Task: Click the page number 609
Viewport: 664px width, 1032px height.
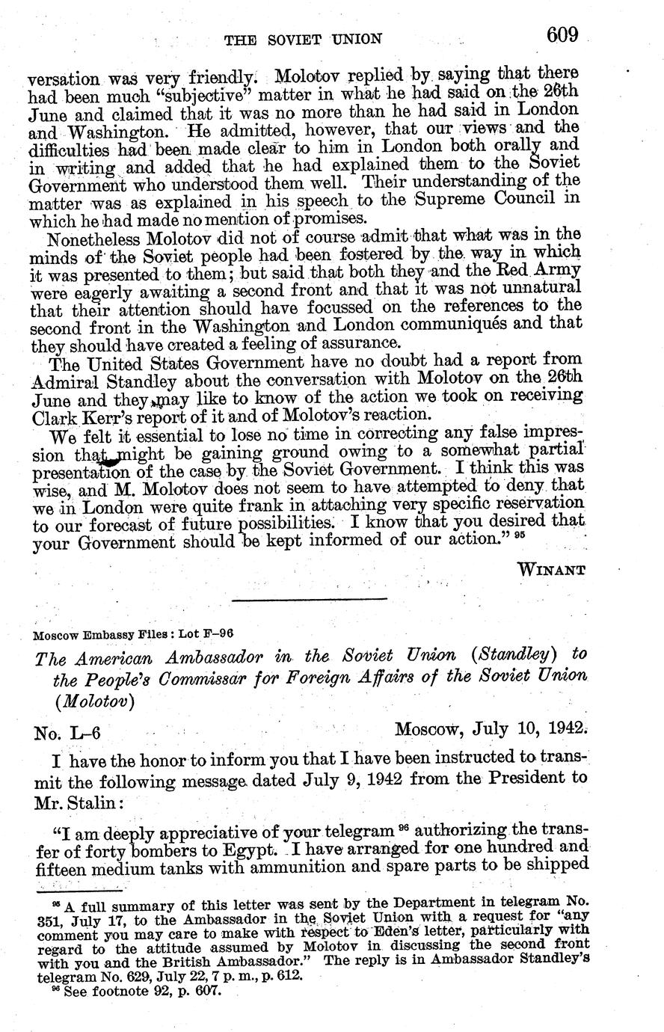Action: point(562,34)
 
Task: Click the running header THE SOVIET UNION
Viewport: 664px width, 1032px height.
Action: point(304,39)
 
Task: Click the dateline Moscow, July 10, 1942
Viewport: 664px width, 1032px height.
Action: point(491,728)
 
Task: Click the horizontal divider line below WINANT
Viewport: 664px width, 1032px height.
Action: point(309,598)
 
